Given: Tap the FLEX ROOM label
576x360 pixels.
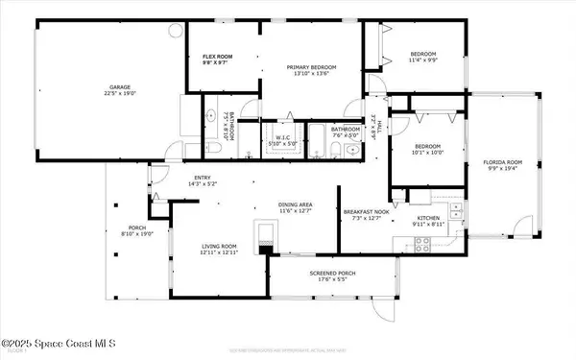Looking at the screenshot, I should coord(213,59).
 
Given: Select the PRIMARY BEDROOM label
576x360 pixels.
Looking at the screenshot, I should coord(309,69).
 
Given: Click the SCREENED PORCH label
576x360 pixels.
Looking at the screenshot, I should coord(333,276).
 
